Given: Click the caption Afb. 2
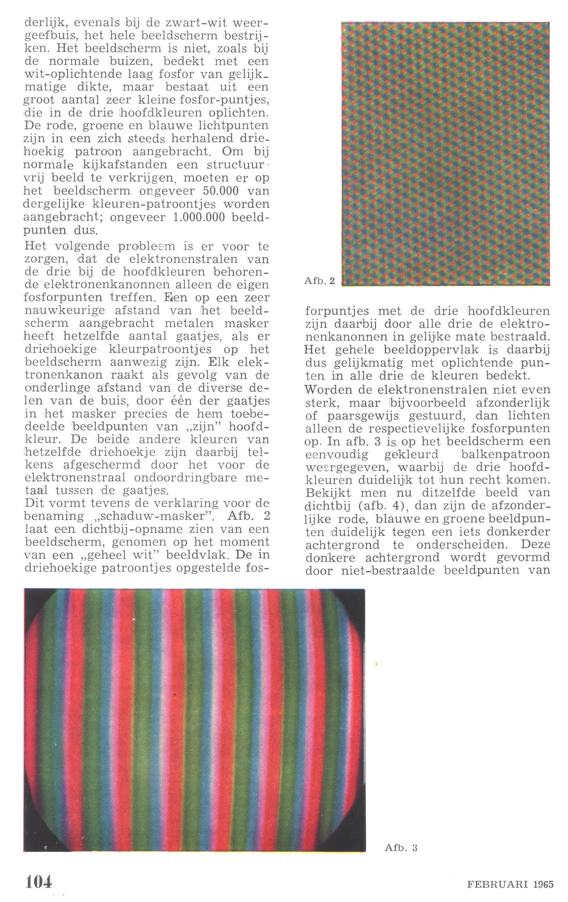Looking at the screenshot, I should [x=319, y=281].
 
